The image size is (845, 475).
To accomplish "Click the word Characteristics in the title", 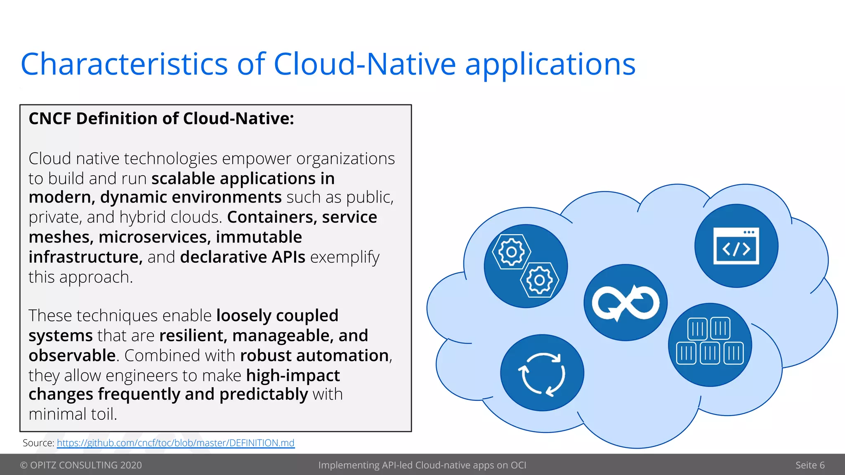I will (124, 64).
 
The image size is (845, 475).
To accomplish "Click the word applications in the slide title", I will (550, 65).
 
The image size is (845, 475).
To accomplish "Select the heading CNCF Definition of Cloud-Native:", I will (161, 119).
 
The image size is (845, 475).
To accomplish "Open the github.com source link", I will (175, 443).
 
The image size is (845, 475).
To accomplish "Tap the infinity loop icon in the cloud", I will (625, 303).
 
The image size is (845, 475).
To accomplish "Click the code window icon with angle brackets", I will (736, 246).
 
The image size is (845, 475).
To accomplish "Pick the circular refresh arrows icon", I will (542, 373).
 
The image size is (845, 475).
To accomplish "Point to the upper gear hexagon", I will (511, 252).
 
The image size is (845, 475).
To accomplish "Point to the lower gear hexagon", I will (539, 280).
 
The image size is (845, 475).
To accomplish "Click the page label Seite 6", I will (810, 465).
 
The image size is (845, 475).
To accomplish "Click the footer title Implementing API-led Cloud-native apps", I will (422, 465).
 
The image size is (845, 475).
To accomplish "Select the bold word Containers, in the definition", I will (272, 217).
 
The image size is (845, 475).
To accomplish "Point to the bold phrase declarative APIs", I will (243, 257).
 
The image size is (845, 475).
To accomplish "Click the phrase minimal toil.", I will (73, 414).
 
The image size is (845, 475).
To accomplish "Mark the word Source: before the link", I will (38, 443).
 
